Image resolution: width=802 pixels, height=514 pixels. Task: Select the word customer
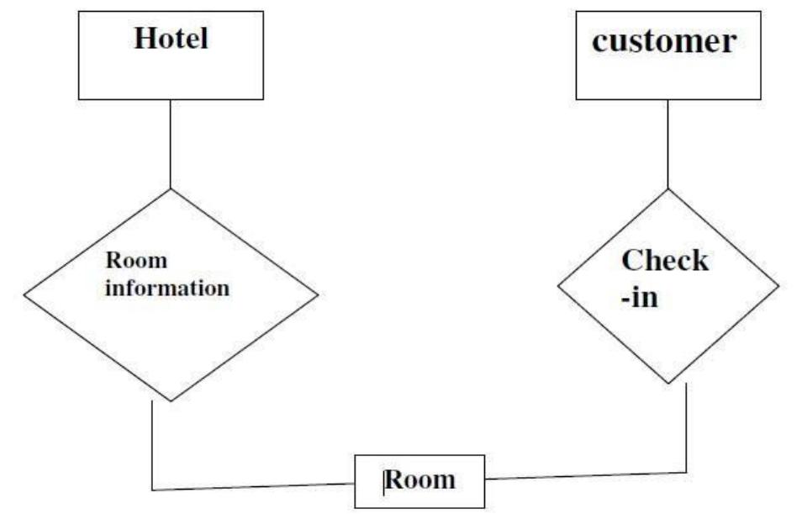click(x=663, y=41)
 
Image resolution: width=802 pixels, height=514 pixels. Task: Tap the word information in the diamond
click(x=167, y=289)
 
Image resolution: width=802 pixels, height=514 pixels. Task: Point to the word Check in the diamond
click(x=664, y=261)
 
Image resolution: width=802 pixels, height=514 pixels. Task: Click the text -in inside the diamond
click(x=640, y=298)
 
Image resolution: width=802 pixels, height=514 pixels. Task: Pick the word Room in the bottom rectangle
click(x=420, y=480)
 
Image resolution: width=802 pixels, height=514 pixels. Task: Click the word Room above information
click(x=136, y=261)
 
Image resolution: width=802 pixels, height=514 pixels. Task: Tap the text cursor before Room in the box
click(x=385, y=481)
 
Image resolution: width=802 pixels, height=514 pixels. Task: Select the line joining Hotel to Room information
click(x=171, y=143)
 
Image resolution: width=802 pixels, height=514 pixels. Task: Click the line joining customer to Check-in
click(x=668, y=143)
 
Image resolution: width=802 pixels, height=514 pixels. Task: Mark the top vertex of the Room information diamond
click(x=171, y=188)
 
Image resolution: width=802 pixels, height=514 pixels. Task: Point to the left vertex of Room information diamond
click(x=24, y=295)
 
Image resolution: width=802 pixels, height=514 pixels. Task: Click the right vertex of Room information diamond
click(x=319, y=294)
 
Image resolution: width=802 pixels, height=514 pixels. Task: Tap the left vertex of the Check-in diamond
click(x=558, y=286)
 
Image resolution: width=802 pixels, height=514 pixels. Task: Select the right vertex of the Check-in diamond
click(x=779, y=286)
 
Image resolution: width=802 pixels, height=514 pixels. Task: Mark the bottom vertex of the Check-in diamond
click(x=669, y=384)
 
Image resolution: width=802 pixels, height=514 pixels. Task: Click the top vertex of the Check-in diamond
click(x=668, y=188)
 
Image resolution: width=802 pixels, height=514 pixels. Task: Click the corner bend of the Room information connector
click(x=152, y=488)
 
